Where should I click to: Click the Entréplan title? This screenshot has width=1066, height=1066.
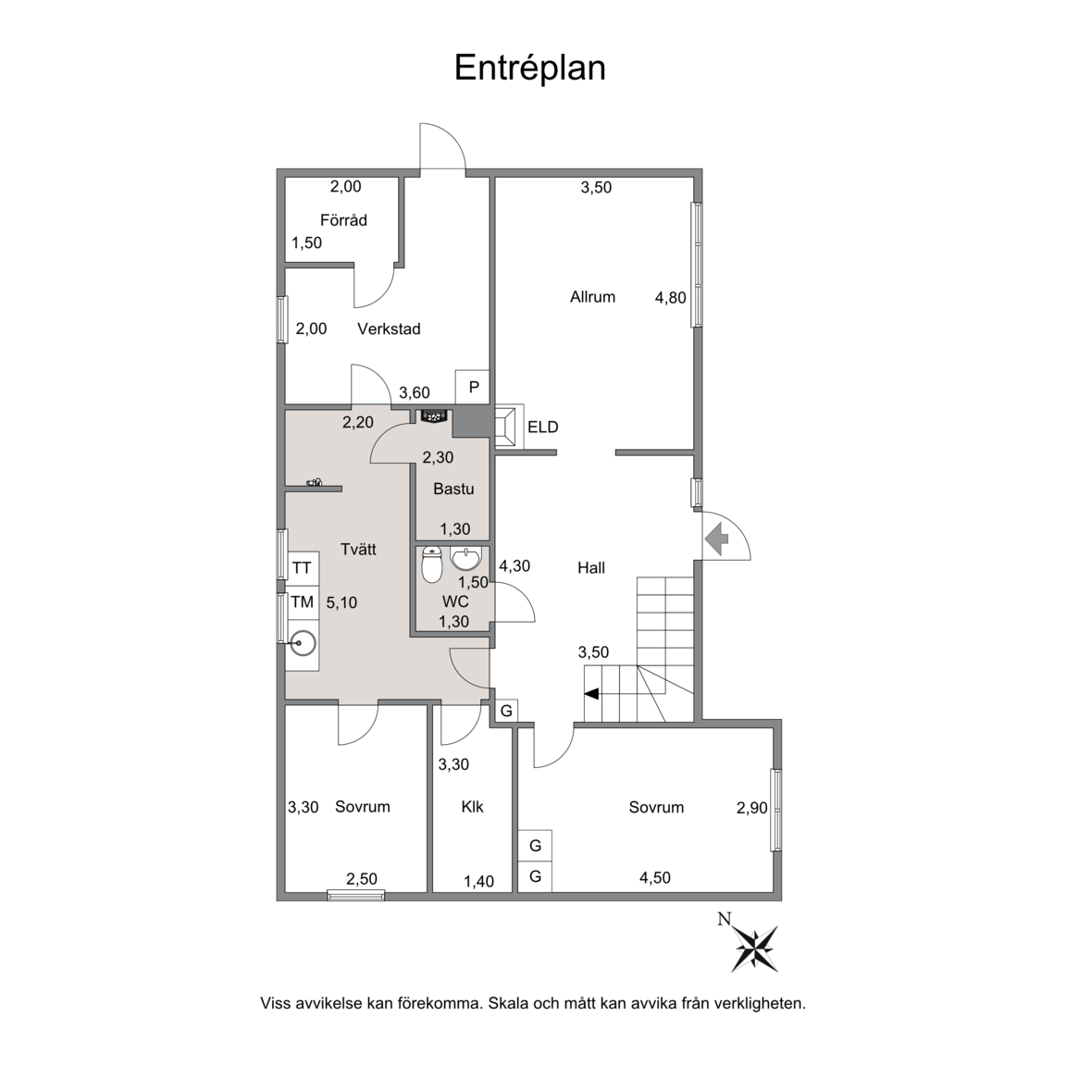529,68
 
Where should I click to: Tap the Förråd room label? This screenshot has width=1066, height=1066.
343,220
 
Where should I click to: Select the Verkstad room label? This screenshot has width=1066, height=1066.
389,329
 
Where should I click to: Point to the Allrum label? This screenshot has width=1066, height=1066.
592,296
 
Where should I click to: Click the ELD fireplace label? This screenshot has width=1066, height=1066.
542,427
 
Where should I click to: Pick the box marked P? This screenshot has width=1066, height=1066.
473,387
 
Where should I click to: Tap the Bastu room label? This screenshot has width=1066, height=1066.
453,489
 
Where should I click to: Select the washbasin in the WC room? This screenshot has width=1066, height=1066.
465,559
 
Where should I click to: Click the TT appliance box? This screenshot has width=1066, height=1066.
302,567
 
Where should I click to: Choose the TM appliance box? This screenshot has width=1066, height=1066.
302,601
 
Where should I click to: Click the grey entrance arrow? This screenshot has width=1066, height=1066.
716,539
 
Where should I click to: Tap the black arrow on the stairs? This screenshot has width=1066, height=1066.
591,693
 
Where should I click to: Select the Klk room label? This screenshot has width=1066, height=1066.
472,807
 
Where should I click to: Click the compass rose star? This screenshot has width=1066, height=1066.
755,948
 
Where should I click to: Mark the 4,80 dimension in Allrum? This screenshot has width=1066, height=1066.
670,298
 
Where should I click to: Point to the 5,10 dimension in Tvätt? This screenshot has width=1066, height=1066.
341,602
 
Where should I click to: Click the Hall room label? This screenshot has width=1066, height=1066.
590,567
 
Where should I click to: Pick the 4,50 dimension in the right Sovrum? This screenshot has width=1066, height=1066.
655,877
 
